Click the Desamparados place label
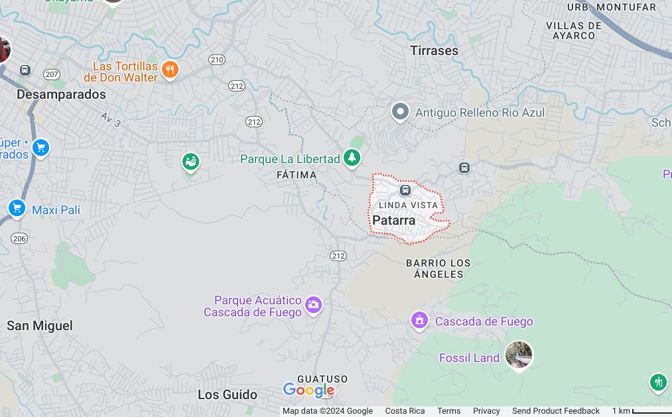pyautogui.click(x=61, y=95)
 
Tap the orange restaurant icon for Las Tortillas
pyautogui.click(x=170, y=70)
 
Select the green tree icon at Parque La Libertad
pyautogui.click(x=352, y=158)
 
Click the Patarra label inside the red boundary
pyautogui.click(x=394, y=221)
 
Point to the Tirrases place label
pyautogui.click(x=434, y=50)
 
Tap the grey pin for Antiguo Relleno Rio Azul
pyautogui.click(x=400, y=112)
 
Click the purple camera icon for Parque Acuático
pyautogui.click(x=313, y=305)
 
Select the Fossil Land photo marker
pyautogui.click(x=518, y=355)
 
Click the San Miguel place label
pyautogui.click(x=40, y=326)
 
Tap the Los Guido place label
pyautogui.click(x=228, y=394)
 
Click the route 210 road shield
pyautogui.click(x=216, y=60)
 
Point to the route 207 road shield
pyautogui.click(x=52, y=74)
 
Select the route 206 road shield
pyautogui.click(x=19, y=239)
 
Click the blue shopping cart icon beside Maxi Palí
pyautogui.click(x=17, y=209)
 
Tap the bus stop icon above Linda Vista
pyautogui.click(x=405, y=190)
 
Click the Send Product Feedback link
pyautogui.click(x=555, y=411)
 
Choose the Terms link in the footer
pyautogui.click(x=448, y=411)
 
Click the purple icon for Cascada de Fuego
pyautogui.click(x=419, y=321)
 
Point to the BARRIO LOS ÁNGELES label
pyautogui.click(x=438, y=268)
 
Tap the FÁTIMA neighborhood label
pyautogui.click(x=297, y=175)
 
